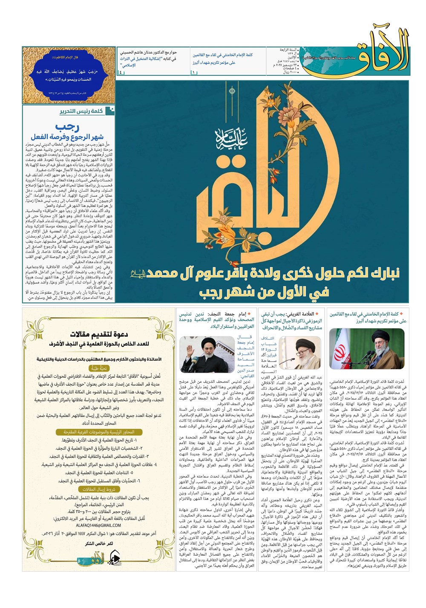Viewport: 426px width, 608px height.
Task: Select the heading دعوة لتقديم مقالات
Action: click(99, 334)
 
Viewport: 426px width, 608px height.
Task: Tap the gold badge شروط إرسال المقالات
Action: click(99, 490)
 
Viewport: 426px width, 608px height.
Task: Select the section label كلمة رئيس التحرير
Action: click(81, 112)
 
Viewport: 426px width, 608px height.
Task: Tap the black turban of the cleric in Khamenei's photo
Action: click(379, 335)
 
